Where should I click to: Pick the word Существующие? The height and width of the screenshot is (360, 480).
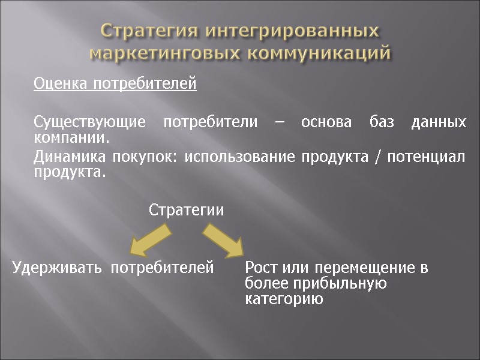click(89, 123)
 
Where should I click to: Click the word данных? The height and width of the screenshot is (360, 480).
click(439, 123)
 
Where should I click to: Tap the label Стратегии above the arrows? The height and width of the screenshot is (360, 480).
click(186, 211)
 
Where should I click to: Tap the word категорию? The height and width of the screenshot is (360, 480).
click(284, 299)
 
